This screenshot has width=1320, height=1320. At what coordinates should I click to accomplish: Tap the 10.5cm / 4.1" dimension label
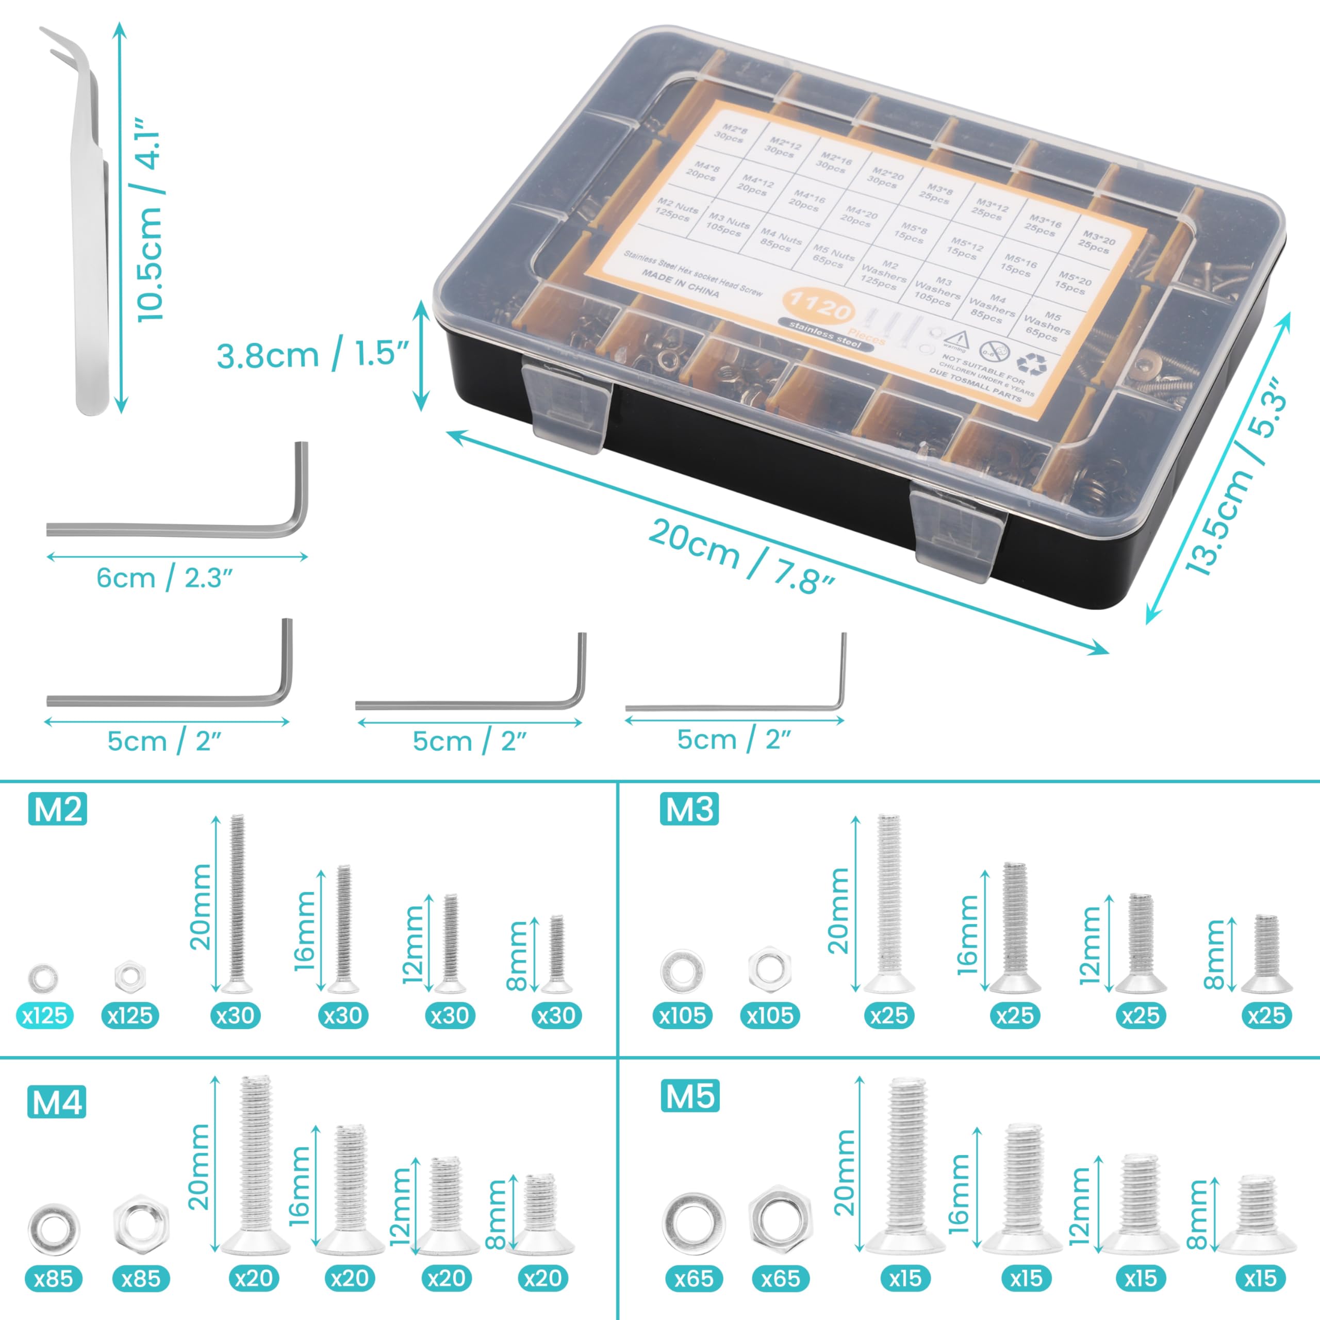(x=149, y=219)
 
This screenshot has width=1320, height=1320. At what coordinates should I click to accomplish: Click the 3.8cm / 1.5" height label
(x=312, y=355)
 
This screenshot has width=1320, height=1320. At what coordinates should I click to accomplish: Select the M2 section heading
(x=57, y=810)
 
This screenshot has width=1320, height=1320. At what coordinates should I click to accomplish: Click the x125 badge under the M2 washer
(x=44, y=1015)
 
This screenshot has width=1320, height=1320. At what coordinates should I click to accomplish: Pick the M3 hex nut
(x=769, y=970)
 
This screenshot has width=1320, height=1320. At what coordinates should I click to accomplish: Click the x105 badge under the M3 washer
(x=683, y=1015)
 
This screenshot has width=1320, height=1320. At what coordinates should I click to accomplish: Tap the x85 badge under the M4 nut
(x=141, y=1278)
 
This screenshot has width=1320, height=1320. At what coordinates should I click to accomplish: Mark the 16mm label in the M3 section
(x=968, y=933)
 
